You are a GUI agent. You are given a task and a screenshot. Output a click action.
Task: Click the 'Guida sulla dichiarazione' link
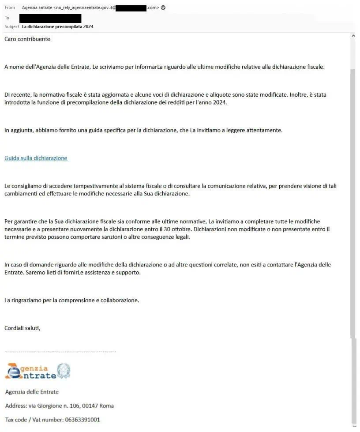(x=36, y=158)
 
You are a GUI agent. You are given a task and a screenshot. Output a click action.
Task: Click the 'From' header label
(x=9, y=8)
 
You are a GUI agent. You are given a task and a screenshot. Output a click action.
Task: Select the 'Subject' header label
(x=12, y=26)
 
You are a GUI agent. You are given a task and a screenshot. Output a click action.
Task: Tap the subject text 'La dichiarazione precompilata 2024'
(x=57, y=26)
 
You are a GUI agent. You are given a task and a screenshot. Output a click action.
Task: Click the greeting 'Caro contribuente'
(x=27, y=39)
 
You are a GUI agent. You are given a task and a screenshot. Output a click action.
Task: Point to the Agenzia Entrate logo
(x=31, y=371)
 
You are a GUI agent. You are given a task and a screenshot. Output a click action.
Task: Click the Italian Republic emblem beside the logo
(x=64, y=370)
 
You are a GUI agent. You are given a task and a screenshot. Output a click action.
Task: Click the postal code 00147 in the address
(x=91, y=406)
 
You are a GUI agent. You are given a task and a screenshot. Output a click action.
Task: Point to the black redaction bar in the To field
(x=50, y=18)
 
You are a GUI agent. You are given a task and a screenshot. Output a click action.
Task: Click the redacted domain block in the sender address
(x=131, y=8)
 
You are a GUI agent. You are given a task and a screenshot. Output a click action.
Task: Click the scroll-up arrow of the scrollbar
(x=353, y=36)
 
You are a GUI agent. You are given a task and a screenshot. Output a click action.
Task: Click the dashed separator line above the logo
(x=60, y=352)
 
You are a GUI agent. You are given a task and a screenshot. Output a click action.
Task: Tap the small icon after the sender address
(x=163, y=8)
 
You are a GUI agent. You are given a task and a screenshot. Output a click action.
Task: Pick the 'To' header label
(x=7, y=18)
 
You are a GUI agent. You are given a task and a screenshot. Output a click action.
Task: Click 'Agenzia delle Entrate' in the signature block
(x=32, y=392)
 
